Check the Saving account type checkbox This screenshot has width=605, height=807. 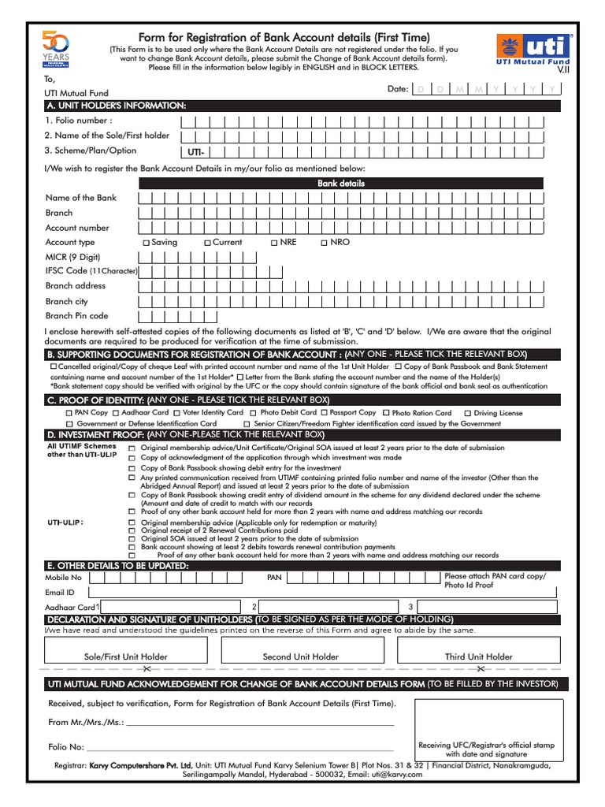coord(146,243)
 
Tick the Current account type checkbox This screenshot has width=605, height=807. coord(207,243)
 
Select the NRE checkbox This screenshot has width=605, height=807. coord(274,243)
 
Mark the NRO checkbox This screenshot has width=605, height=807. coord(324,243)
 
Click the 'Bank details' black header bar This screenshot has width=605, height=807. coord(340,183)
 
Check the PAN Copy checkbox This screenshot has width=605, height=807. coord(69,413)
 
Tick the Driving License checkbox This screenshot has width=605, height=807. coord(468,413)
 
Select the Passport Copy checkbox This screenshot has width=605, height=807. coord(324,413)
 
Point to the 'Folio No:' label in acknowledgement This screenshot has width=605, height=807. coord(66,746)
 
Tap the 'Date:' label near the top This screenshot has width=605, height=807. coord(398,89)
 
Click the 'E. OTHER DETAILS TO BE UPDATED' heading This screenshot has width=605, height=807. coord(117,566)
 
